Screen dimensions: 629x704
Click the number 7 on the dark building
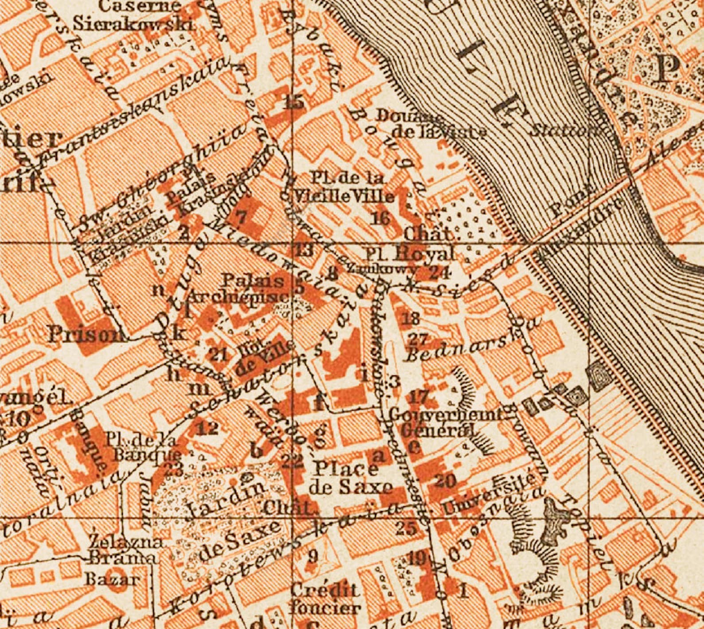(241, 217)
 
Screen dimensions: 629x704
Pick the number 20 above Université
(446, 480)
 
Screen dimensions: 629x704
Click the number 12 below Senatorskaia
(208, 428)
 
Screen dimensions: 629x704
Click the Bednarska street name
(457, 351)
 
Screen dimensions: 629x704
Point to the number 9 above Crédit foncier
(313, 556)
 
